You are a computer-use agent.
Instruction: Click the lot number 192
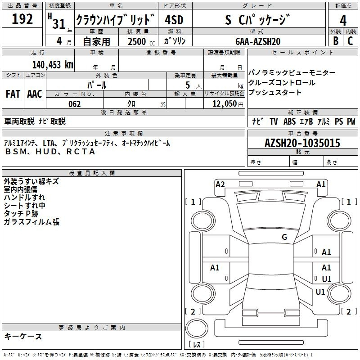point(22,18)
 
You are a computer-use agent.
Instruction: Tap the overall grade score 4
point(343,21)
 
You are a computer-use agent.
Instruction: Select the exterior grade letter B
point(336,41)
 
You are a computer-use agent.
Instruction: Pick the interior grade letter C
point(350,41)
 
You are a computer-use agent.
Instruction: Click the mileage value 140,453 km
point(53,65)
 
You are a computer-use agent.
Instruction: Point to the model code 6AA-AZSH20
point(258,41)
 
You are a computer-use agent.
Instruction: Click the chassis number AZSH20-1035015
point(302,143)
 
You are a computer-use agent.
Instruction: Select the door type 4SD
point(174,20)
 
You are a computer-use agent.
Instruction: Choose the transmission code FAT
point(13,94)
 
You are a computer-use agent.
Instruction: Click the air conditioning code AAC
point(35,94)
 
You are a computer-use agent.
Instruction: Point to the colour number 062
point(75,104)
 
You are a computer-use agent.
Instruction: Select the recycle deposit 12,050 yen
point(228,104)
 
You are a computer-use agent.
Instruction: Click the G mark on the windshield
point(284,237)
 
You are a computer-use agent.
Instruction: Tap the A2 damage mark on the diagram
point(220,184)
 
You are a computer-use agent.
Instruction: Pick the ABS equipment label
point(289,121)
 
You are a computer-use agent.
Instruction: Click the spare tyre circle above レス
point(197,328)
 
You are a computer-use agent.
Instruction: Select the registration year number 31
point(59,24)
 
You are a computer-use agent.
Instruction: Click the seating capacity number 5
point(188,85)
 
